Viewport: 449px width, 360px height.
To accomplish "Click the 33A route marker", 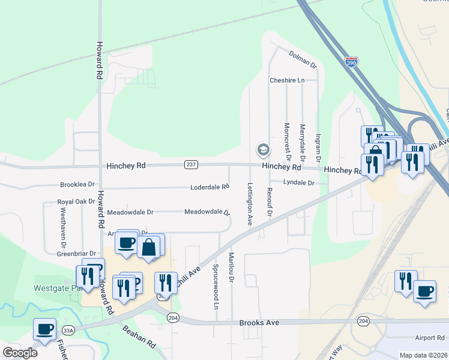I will click(68, 330).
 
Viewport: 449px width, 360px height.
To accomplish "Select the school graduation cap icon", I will click(262, 149).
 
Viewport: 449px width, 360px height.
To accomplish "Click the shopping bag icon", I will click(148, 247).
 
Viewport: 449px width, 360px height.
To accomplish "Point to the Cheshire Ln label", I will click(287, 80).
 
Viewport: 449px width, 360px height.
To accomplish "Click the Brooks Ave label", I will click(259, 323).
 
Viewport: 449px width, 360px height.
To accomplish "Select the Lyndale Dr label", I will click(299, 182).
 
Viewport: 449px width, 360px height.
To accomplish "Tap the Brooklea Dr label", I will click(77, 185).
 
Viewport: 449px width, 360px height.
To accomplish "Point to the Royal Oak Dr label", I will click(76, 202).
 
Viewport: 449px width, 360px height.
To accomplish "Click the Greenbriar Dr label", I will click(76, 254).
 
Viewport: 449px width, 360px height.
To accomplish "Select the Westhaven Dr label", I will click(62, 228).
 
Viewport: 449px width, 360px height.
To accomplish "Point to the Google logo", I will click(20, 352).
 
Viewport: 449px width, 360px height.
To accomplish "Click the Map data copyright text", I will click(423, 355).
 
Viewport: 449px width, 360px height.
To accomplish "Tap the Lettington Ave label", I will click(250, 203).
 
